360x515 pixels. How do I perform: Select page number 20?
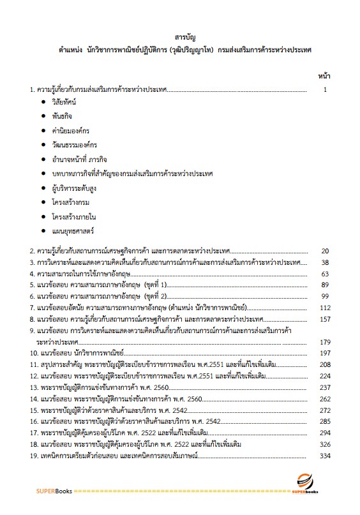pyautogui.click(x=324, y=251)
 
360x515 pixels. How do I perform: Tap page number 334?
pyautogui.click(x=324, y=456)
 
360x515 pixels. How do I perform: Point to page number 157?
pyautogui.click(x=324, y=319)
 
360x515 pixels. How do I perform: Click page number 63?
pyautogui.click(x=324, y=274)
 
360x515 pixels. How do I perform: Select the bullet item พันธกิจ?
pyautogui.click(x=64, y=117)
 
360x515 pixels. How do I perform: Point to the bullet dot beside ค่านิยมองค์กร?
pyautogui.click(x=43, y=131)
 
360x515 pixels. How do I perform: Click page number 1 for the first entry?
pyautogui.click(x=325, y=89)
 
